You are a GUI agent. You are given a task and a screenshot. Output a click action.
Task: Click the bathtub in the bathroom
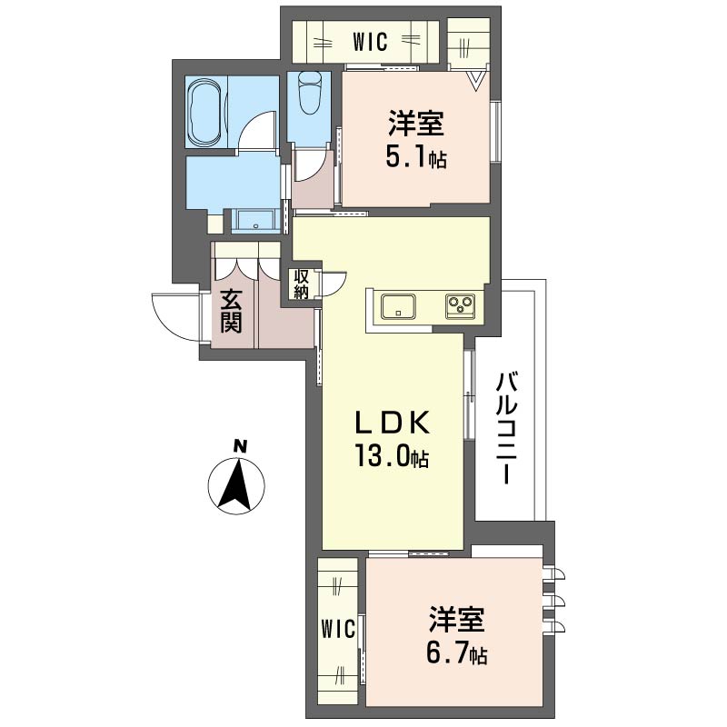(x=205, y=112)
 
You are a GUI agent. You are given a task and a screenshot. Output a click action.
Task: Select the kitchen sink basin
(x=398, y=306)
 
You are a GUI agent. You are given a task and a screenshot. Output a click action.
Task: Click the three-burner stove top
(x=460, y=306)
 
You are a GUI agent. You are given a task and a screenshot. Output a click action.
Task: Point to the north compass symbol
(x=236, y=486)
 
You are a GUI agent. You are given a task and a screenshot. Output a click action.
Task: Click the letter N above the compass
(x=240, y=446)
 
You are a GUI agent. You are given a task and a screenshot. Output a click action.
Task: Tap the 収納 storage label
(x=301, y=284)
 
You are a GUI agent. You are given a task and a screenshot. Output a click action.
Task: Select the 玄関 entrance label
(x=231, y=312)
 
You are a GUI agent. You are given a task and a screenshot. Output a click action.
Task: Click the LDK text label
(x=393, y=423)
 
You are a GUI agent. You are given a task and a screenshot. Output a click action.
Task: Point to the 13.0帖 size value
(x=393, y=455)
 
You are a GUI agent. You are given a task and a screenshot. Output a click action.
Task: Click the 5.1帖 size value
(x=416, y=159)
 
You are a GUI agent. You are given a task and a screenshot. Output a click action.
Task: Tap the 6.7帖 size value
(x=456, y=653)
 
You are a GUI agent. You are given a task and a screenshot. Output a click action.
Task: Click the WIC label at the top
(x=370, y=42)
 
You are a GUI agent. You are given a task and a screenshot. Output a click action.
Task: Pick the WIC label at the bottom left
(x=338, y=629)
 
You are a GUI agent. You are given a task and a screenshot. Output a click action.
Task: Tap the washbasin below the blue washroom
(x=256, y=221)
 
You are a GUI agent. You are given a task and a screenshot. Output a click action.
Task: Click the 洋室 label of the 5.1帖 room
(x=416, y=124)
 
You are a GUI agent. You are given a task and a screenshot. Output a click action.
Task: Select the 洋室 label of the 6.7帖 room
(x=457, y=619)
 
